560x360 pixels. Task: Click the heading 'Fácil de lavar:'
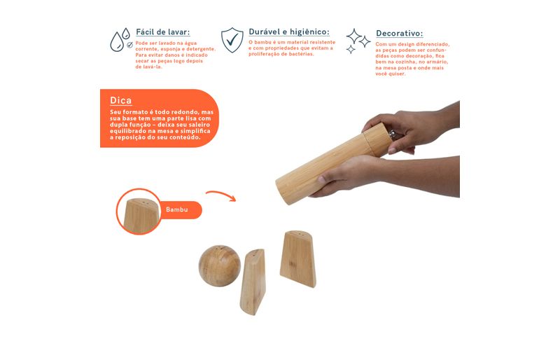point(163,32)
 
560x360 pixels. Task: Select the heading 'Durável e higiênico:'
point(289,32)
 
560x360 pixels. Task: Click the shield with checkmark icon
point(232,40)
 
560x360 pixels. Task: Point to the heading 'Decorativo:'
point(399,33)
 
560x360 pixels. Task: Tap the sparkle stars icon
point(358,41)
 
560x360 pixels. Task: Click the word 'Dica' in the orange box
point(120,100)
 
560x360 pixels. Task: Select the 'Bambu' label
point(177,209)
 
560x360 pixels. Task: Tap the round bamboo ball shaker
point(220,265)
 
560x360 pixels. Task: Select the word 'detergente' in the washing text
point(202,49)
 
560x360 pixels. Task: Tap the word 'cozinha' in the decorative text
point(405,62)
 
